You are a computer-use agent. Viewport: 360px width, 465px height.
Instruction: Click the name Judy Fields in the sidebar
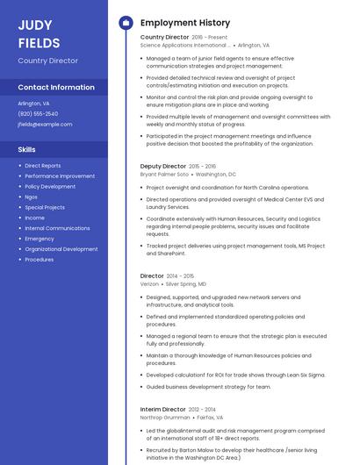coord(40,33)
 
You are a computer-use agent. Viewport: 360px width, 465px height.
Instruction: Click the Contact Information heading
coord(56,87)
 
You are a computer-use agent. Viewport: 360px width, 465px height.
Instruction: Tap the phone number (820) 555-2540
coord(38,113)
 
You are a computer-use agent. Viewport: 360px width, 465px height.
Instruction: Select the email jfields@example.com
coord(45,124)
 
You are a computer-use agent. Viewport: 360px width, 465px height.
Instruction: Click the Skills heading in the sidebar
coord(26,149)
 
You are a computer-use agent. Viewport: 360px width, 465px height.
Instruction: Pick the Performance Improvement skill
coord(60,175)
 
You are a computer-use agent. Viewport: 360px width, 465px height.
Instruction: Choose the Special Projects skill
coord(45,207)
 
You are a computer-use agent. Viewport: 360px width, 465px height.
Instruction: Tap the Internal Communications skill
coord(57,228)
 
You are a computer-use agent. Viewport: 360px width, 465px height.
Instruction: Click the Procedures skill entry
coord(40,260)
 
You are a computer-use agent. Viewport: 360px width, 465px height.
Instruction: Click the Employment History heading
coord(185,23)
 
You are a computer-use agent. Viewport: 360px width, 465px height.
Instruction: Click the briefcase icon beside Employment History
coord(126,23)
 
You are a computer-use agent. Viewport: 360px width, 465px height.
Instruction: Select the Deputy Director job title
coord(163,166)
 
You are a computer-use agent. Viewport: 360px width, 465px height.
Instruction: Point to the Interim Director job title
coord(163,409)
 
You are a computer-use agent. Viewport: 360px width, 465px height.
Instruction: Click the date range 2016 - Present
coord(209,38)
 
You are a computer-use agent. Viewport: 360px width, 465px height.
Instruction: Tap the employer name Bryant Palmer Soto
coord(164,175)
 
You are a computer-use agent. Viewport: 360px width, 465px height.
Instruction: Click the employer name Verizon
coord(150,284)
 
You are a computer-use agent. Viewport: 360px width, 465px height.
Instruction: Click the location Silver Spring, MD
coord(186,284)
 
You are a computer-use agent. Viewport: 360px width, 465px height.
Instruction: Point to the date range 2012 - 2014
coord(203,409)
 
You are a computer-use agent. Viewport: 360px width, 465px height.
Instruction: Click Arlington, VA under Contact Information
coord(33,103)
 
